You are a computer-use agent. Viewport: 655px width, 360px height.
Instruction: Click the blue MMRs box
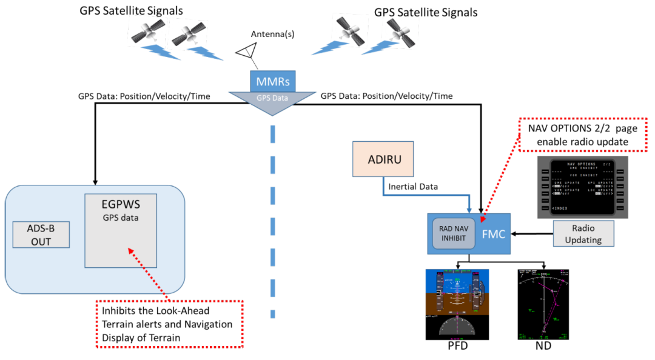pyautogui.click(x=272, y=81)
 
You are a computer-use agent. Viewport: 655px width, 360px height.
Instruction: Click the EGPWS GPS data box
pyautogui.click(x=121, y=230)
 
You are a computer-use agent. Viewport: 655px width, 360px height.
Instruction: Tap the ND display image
pyautogui.click(x=543, y=305)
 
